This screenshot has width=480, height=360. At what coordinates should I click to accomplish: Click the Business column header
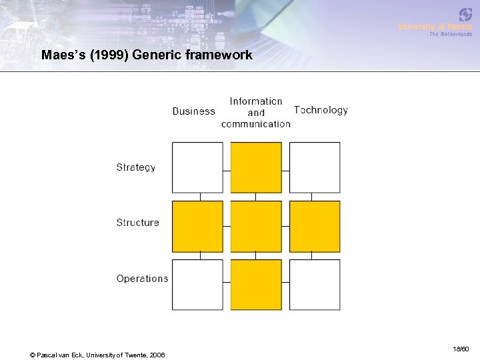pos(193,111)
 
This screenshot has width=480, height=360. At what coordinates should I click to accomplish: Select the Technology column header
pos(321,110)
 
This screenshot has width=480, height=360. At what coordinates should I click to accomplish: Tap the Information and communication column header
pos(256,112)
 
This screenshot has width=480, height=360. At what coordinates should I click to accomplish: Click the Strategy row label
pos(136,167)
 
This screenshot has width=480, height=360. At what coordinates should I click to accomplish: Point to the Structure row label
pos(138,223)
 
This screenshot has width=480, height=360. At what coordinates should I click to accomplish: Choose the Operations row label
pos(142,279)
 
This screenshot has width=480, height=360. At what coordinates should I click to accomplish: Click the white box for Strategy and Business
pos(197,167)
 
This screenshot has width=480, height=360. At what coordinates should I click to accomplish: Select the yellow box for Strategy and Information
pos(256,167)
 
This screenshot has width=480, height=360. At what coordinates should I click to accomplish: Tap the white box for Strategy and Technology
pos(315,167)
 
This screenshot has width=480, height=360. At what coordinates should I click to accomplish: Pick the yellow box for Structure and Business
pos(197,226)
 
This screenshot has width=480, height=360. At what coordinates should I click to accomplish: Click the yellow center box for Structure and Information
pos(256,226)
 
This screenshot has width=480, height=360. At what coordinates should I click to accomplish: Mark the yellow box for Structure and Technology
pos(315,226)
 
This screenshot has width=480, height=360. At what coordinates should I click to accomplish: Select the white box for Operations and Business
pos(197,285)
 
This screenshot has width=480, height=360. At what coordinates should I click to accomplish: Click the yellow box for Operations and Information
pos(256,285)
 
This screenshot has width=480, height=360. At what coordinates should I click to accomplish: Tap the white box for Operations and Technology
pos(315,285)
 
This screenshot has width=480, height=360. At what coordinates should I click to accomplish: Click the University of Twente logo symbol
pos(465,14)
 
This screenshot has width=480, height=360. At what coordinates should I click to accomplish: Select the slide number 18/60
pos(461,349)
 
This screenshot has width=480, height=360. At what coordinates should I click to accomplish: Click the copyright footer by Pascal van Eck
pos(98,354)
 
